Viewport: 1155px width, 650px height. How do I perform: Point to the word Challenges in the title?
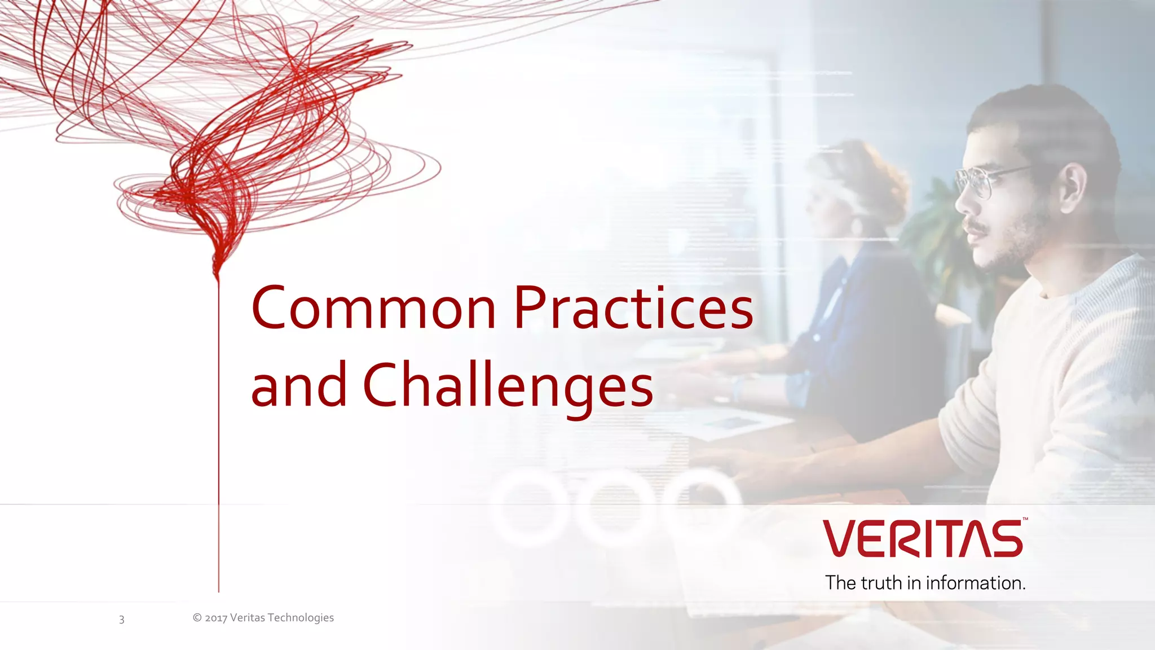click(x=508, y=387)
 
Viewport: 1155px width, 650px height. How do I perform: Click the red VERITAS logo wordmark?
click(x=923, y=539)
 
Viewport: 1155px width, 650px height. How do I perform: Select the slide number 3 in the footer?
click(x=121, y=620)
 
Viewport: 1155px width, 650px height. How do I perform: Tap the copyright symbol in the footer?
click(x=197, y=617)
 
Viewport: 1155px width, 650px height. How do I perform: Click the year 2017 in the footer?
click(x=216, y=618)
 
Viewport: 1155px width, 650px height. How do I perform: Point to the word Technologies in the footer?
click(x=301, y=618)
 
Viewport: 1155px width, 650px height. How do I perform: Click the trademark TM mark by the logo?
click(x=1025, y=519)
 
